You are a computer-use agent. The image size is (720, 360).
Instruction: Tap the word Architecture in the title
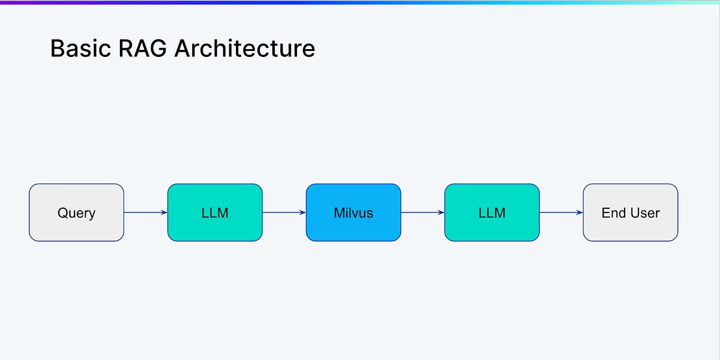[245, 49]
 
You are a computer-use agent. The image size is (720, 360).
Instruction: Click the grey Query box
[76, 212]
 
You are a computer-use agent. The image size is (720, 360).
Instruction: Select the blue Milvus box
[353, 212]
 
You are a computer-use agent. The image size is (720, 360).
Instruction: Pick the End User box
[630, 212]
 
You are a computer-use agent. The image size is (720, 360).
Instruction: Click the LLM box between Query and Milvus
[215, 212]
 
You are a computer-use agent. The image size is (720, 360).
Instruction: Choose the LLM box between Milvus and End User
[492, 212]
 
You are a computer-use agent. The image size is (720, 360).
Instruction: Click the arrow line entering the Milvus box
[282, 212]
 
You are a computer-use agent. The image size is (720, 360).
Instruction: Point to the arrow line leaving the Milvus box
[420, 212]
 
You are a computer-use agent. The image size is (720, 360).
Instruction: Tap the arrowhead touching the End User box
[579, 212]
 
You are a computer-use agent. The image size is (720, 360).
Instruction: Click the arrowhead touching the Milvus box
[302, 212]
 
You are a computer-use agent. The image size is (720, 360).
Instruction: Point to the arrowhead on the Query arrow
[164, 212]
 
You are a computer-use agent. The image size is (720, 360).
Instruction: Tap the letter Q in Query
[62, 212]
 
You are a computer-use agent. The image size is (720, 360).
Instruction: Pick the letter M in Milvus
[339, 212]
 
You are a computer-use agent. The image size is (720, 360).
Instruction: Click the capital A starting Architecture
[182, 49]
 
